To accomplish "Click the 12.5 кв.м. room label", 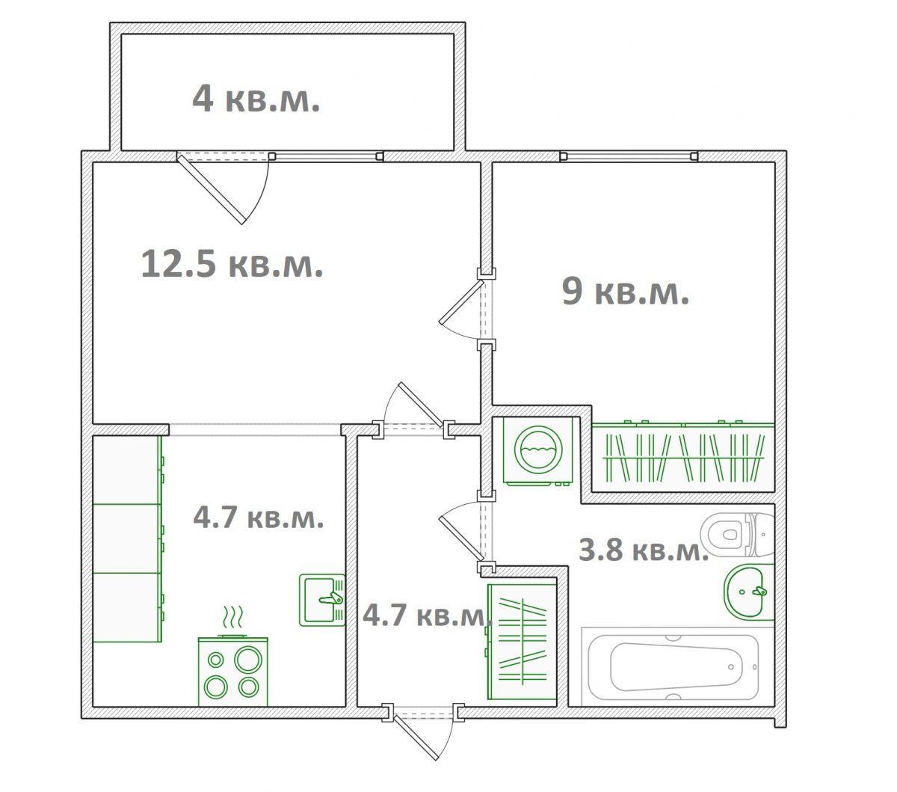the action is pyautogui.click(x=232, y=264).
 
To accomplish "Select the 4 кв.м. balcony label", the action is pyautogui.click(x=256, y=98).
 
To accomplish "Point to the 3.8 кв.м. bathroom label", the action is pyautogui.click(x=644, y=550).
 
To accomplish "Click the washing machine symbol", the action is pyautogui.click(x=538, y=452).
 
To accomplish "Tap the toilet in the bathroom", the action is pyautogui.click(x=737, y=534).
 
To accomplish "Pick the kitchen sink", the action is pyautogui.click(x=322, y=600).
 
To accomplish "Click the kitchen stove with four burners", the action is pyautogui.click(x=233, y=672).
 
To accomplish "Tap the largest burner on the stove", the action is pyautogui.click(x=248, y=659).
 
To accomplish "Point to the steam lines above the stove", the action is pyautogui.click(x=233, y=616).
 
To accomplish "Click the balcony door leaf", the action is pyautogui.click(x=212, y=188).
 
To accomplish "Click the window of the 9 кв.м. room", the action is pyautogui.click(x=629, y=156).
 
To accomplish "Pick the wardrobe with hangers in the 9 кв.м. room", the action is pyautogui.click(x=682, y=457).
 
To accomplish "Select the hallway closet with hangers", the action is pyautogui.click(x=522, y=642).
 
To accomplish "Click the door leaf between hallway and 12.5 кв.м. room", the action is pyautogui.click(x=422, y=405).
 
